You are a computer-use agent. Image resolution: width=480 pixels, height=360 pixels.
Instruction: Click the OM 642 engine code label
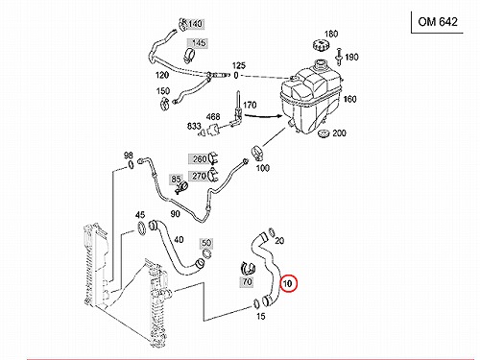438,22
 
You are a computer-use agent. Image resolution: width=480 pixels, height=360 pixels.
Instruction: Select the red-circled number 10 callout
288,283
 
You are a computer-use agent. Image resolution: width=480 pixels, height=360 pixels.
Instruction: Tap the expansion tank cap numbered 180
321,44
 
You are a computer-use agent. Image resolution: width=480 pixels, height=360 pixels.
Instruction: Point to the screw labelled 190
339,57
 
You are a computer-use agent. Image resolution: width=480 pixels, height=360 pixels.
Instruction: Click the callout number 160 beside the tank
349,99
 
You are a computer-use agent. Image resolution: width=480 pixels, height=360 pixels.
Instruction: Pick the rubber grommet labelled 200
324,133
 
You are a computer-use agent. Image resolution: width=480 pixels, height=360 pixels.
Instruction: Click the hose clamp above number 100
258,153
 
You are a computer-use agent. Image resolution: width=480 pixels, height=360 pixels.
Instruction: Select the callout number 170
250,105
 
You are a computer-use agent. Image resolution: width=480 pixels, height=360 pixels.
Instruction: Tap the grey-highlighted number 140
195,24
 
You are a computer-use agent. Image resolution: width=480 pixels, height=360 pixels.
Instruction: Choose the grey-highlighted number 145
199,43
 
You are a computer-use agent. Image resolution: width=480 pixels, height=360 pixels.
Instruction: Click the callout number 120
162,75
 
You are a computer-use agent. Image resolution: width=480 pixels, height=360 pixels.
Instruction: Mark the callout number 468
213,117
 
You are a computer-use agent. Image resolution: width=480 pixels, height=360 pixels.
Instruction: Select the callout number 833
194,126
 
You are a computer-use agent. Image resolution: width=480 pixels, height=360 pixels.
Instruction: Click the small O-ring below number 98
131,165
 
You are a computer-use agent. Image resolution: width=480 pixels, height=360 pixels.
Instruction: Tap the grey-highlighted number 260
200,158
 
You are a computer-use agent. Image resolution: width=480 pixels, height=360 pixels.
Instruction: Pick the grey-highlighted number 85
176,180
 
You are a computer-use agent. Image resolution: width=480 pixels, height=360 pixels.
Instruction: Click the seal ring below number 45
141,228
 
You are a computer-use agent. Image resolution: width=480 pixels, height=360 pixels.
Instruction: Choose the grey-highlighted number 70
247,282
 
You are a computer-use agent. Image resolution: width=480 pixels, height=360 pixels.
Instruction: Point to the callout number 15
261,316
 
